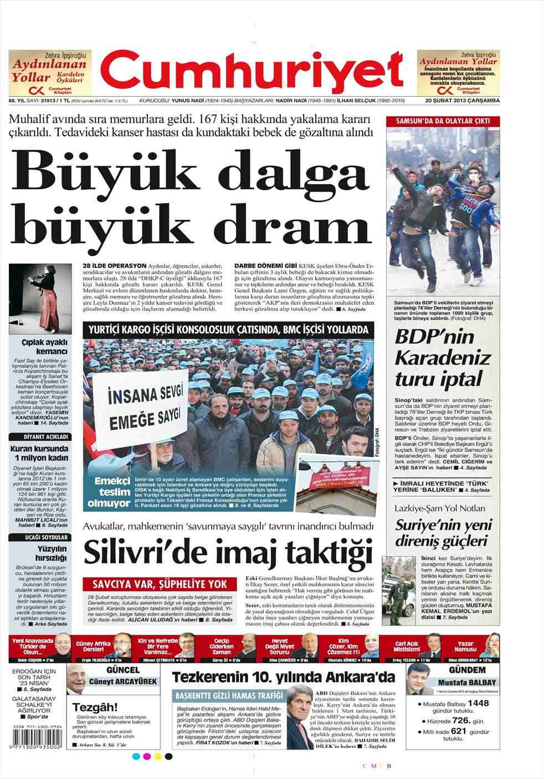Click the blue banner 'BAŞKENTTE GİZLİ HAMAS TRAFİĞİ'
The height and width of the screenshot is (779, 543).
click(x=227, y=695)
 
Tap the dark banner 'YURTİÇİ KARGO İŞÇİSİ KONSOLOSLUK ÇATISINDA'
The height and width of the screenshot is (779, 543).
click(x=225, y=330)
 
